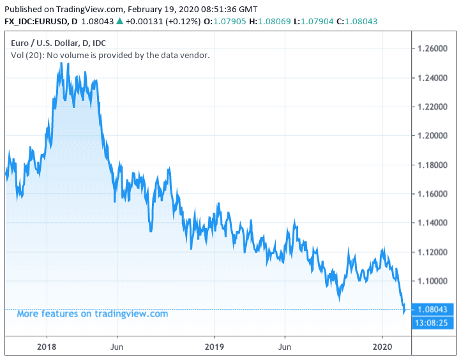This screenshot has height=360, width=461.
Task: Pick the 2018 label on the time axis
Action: pos(46,347)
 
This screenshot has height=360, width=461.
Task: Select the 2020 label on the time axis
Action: pos(382,347)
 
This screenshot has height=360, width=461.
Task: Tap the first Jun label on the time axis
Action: pos(117,347)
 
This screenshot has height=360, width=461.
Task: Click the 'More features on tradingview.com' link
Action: pos(92,313)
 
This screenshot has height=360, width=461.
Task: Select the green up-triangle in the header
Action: pos(119,21)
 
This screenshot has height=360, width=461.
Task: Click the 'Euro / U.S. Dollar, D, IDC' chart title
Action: pos(59,43)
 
